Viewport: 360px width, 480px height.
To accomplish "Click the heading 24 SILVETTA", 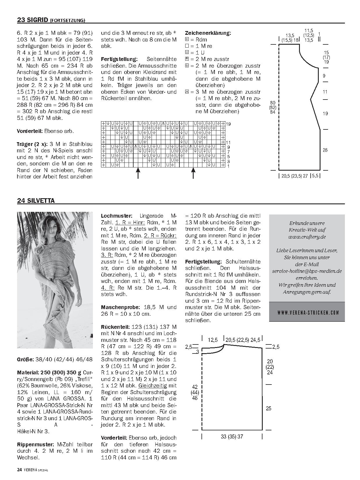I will click(x=36, y=201).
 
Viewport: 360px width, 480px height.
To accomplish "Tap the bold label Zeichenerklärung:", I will click(x=208, y=33).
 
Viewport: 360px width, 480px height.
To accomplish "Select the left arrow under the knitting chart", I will click(x=138, y=173).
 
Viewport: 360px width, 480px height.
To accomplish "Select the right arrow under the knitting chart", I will click(x=193, y=173).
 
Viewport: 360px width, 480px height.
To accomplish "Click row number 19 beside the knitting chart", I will click(x=228, y=124).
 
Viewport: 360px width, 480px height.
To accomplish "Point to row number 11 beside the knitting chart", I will click(x=228, y=142).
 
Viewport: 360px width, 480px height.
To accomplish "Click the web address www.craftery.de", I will click(x=307, y=237).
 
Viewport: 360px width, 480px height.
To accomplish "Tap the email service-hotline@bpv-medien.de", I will click(x=307, y=271).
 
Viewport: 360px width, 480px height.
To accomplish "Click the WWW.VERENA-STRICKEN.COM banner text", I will click(x=307, y=313).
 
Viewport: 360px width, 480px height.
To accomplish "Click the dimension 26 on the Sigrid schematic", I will click(x=325, y=150).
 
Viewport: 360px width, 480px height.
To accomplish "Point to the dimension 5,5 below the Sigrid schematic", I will click(x=316, y=176).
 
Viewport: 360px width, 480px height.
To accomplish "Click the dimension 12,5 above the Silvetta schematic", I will click(x=213, y=340).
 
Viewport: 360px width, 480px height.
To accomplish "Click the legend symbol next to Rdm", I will click(x=187, y=39).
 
